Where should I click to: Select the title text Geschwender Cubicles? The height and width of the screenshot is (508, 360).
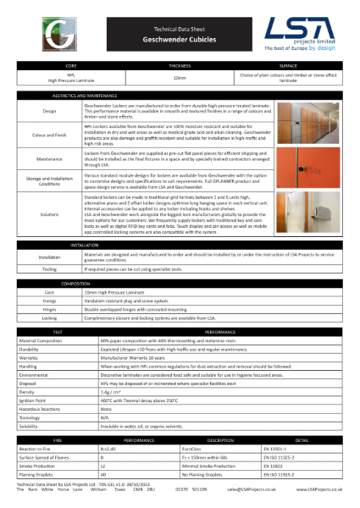pos(179,39)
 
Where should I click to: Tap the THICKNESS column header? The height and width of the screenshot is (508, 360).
pos(180,64)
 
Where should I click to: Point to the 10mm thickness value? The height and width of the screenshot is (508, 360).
pos(180,77)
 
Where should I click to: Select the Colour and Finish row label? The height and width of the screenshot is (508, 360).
pos(49,132)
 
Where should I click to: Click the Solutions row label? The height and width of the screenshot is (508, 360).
pos(49,216)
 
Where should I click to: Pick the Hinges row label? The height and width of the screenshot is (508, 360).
pos(49,310)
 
